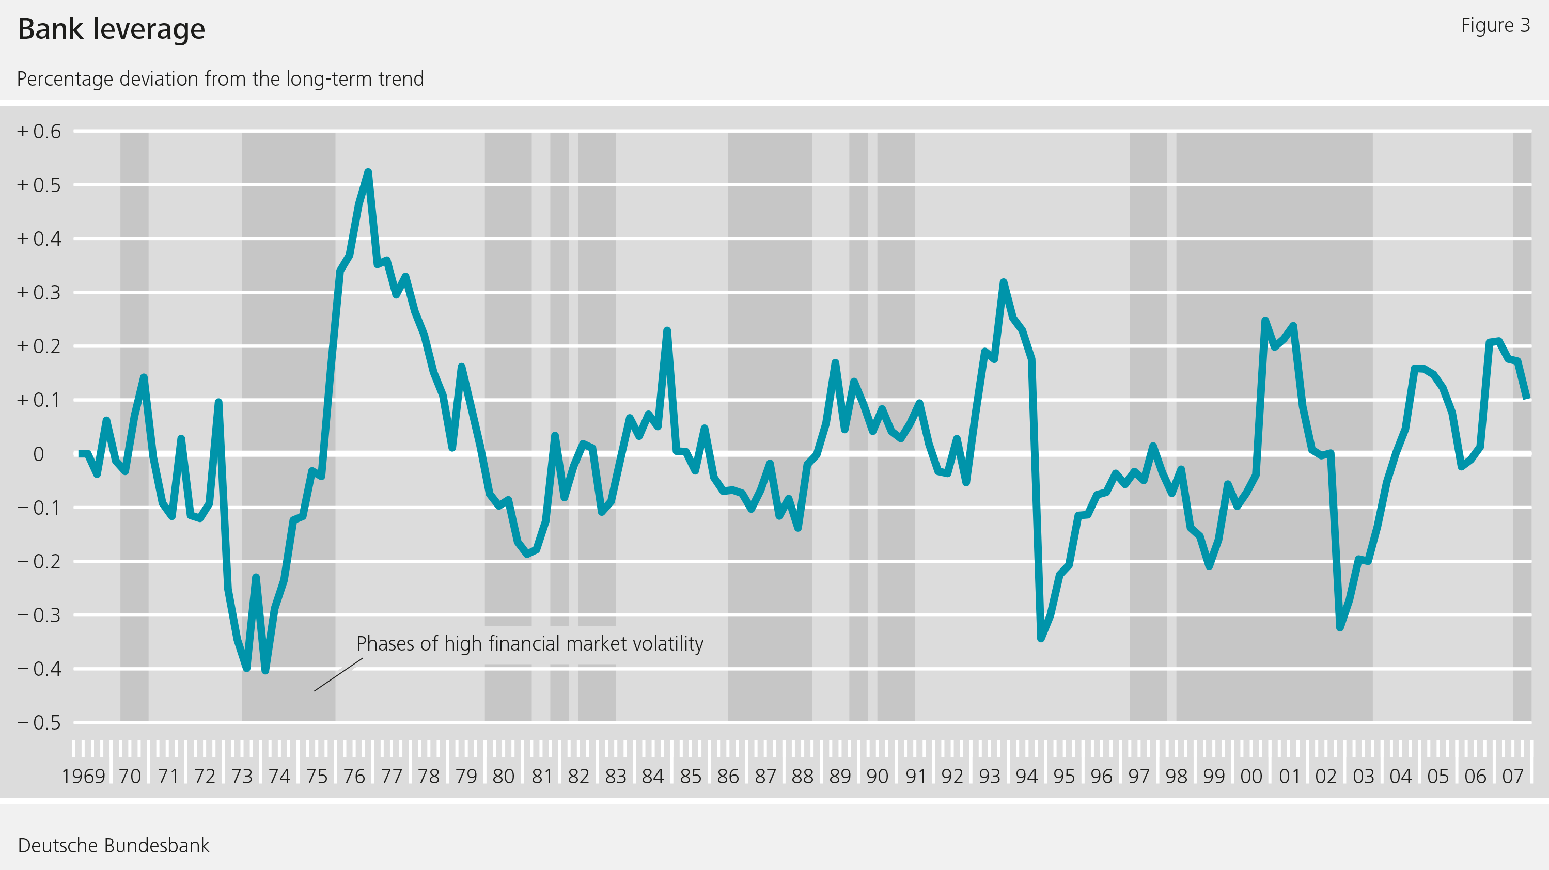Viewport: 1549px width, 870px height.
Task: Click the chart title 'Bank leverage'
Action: point(112,29)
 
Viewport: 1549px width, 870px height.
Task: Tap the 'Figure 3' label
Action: point(1495,25)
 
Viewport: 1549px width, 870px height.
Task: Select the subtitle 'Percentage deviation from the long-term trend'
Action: point(220,79)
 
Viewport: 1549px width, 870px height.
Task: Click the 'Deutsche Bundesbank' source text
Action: point(114,845)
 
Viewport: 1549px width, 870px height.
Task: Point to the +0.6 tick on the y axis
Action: point(39,132)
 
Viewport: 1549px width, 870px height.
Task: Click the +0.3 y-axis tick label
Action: point(39,293)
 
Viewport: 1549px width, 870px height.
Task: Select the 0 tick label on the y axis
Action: point(39,454)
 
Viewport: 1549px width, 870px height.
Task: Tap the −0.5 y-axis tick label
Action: point(39,723)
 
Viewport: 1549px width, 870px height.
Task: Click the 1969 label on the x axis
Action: point(84,776)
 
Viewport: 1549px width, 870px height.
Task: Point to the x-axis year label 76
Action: point(354,776)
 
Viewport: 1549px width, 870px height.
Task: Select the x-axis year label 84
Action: point(653,776)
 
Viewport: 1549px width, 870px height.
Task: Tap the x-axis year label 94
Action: point(1027,776)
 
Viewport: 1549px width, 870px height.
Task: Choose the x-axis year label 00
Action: point(1251,776)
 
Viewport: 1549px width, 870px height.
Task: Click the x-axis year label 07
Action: point(1513,776)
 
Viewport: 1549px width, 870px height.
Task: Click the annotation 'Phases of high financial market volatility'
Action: point(530,644)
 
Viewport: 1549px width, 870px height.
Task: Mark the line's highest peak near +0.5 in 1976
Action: point(368,172)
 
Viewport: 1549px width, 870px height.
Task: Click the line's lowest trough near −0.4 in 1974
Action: point(265,670)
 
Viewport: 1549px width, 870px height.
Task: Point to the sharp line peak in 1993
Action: point(1004,282)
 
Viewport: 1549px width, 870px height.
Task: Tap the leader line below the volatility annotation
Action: point(338,675)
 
